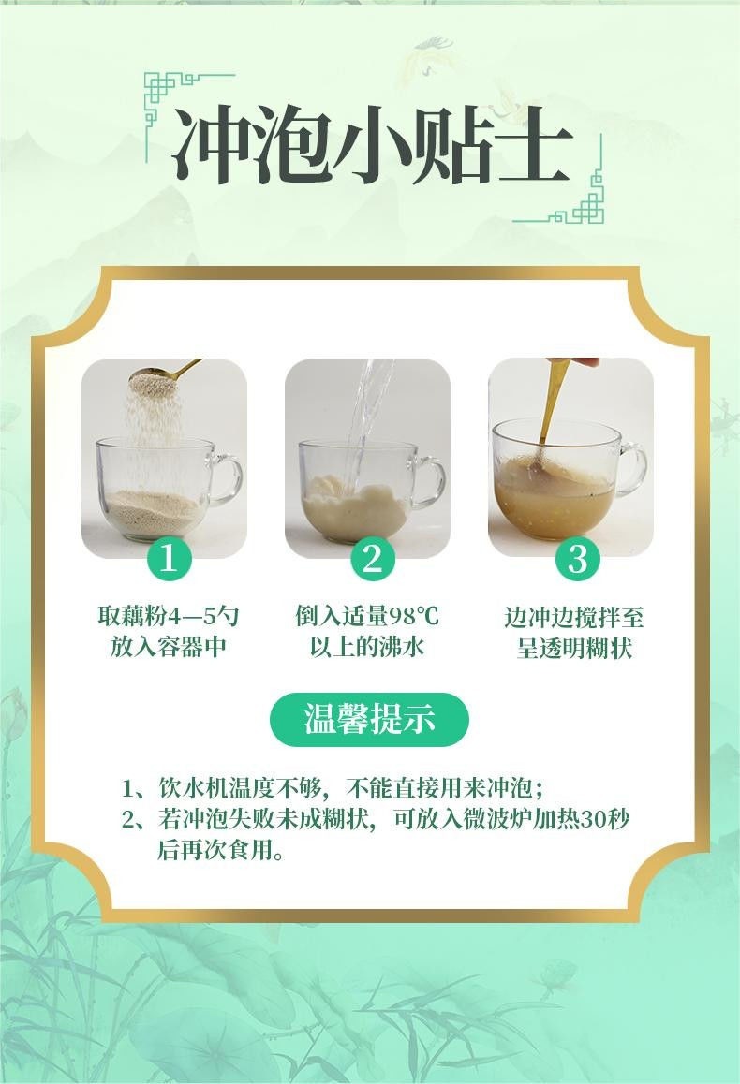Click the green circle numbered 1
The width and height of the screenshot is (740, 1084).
(x=168, y=558)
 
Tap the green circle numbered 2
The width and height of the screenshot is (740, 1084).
(x=372, y=558)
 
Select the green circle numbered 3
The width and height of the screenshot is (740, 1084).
(x=577, y=558)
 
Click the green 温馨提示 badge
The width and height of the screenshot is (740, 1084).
(x=369, y=720)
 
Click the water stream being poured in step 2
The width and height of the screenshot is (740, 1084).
(x=366, y=415)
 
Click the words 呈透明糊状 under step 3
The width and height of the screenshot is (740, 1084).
(x=575, y=648)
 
